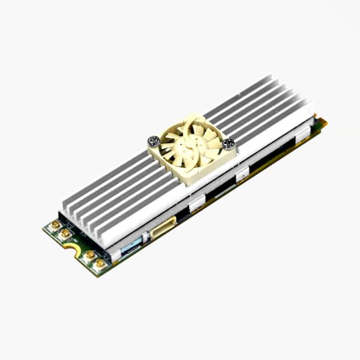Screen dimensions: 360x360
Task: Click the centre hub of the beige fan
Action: point(190,146)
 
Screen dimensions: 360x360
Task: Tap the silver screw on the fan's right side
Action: point(229,143)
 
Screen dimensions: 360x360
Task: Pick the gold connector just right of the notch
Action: point(89,255)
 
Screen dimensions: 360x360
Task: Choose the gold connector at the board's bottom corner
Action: point(100,263)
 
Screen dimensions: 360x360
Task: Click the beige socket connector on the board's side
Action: point(163,227)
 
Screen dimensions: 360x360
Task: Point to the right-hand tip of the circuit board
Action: point(325,123)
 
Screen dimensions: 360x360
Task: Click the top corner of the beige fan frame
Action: point(187,116)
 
